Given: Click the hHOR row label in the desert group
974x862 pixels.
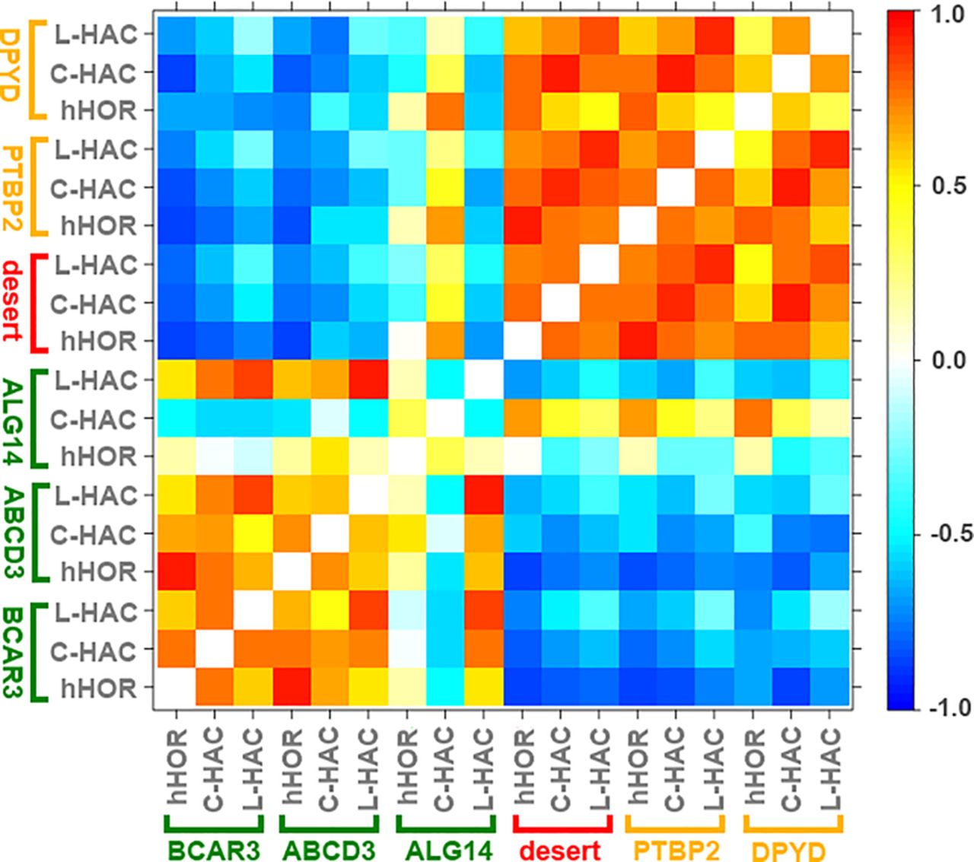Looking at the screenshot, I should tap(99, 342).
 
